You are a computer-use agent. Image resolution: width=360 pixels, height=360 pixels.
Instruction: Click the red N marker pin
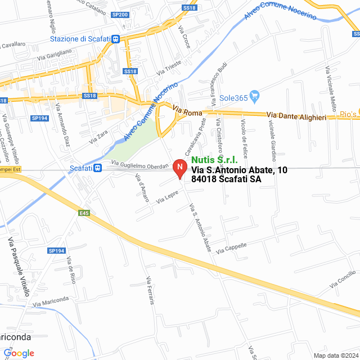(179, 168)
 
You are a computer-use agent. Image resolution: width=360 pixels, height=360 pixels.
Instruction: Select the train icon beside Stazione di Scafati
(115, 39)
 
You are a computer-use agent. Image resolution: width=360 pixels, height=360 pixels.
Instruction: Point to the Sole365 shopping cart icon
(254, 97)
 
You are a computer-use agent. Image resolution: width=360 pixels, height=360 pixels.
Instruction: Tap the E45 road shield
(84, 213)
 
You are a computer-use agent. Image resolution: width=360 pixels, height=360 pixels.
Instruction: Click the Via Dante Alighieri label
(296, 116)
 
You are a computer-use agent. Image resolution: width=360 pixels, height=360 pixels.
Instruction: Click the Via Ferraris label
(150, 291)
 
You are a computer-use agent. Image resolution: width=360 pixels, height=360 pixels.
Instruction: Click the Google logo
(19, 353)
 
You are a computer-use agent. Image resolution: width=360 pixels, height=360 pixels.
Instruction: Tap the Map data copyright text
(336, 355)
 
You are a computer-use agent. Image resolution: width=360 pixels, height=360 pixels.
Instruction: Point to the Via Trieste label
(169, 68)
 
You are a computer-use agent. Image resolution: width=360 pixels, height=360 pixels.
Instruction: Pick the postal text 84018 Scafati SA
(226, 179)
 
